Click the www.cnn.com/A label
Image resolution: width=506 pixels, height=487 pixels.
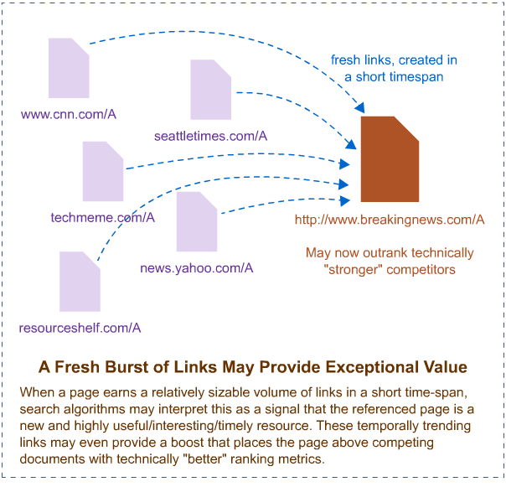click(69, 114)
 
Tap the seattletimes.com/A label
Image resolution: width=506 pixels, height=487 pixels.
click(211, 136)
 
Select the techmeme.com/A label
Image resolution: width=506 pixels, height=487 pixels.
click(102, 217)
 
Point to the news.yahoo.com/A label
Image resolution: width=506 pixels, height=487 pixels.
click(197, 268)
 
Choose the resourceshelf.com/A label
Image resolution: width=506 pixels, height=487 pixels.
click(80, 328)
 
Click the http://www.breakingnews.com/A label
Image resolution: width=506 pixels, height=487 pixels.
click(390, 220)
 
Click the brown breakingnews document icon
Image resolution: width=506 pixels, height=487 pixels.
click(390, 159)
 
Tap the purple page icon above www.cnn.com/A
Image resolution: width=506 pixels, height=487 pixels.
click(69, 68)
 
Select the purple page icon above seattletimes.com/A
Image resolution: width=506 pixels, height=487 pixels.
click(211, 90)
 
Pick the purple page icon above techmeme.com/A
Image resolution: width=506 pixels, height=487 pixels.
click(103, 172)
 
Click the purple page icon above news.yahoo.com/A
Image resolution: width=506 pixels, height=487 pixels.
click(197, 221)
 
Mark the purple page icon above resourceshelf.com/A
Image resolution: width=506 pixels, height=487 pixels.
click(80, 282)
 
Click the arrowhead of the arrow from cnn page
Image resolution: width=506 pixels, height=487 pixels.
click(360, 108)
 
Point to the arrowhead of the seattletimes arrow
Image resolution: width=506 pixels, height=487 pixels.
click(351, 145)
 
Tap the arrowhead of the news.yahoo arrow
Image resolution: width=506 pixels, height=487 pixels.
click(345, 200)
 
